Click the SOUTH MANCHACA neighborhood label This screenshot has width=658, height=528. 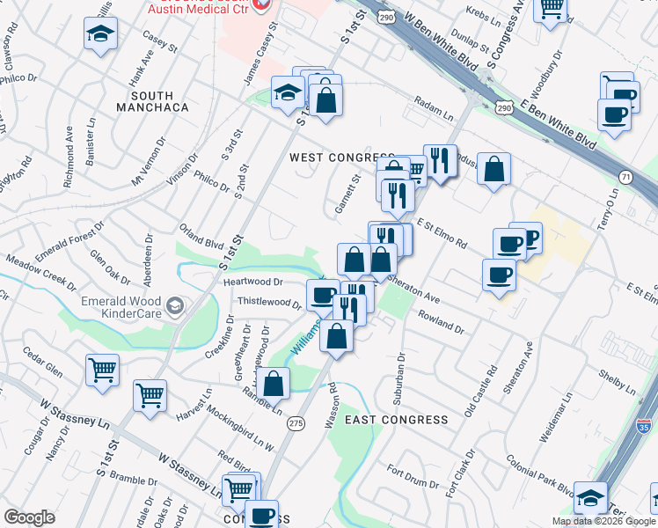click(x=159, y=101)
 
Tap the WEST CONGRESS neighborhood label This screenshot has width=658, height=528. click(x=342, y=158)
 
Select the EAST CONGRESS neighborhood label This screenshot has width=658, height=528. click(x=396, y=420)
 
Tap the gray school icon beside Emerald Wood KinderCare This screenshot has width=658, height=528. click(x=176, y=306)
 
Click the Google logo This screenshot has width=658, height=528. click(x=29, y=517)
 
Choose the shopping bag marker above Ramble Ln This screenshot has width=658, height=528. click(x=274, y=383)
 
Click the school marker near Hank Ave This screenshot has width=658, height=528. click(x=101, y=35)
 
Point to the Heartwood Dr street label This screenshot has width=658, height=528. click(x=252, y=282)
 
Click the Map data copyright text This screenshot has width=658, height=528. click(x=603, y=521)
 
